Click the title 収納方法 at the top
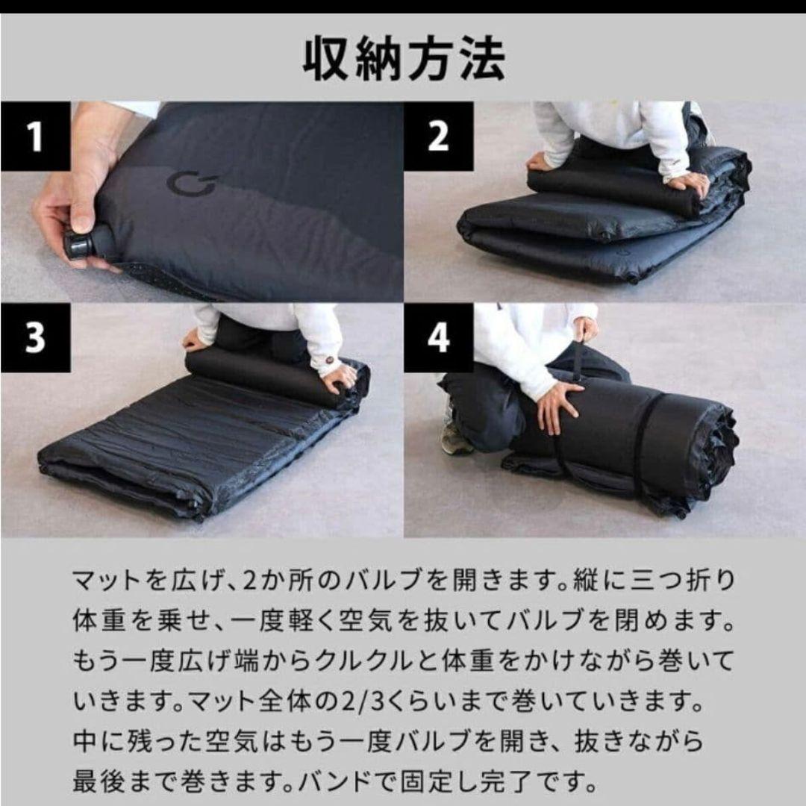[x=403, y=60]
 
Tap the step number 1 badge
[x=34, y=137]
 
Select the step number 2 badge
[x=438, y=137]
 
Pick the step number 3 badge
[x=35, y=337]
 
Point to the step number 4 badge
[x=438, y=337]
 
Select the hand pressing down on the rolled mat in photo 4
[x=558, y=406]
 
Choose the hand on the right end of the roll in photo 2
[x=690, y=183]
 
